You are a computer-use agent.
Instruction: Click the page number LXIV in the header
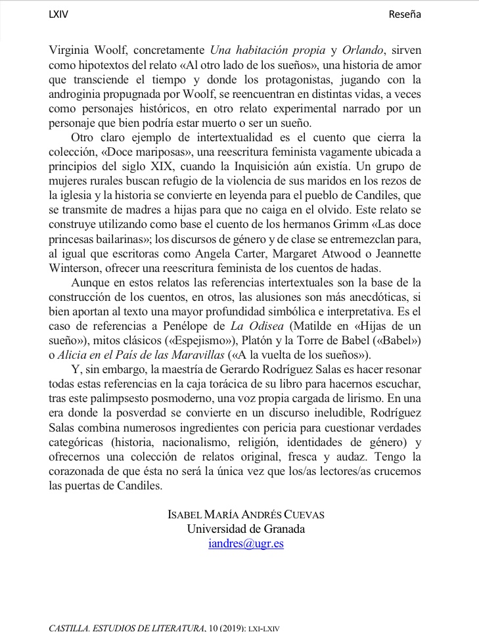click(58, 14)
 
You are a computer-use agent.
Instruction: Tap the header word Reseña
click(405, 14)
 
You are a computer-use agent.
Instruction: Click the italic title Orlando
click(363, 49)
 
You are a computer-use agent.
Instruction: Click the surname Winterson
click(76, 269)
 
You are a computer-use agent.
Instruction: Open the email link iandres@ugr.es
click(245, 544)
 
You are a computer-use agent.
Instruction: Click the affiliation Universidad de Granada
click(246, 529)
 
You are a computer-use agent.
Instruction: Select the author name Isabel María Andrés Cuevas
click(246, 514)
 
